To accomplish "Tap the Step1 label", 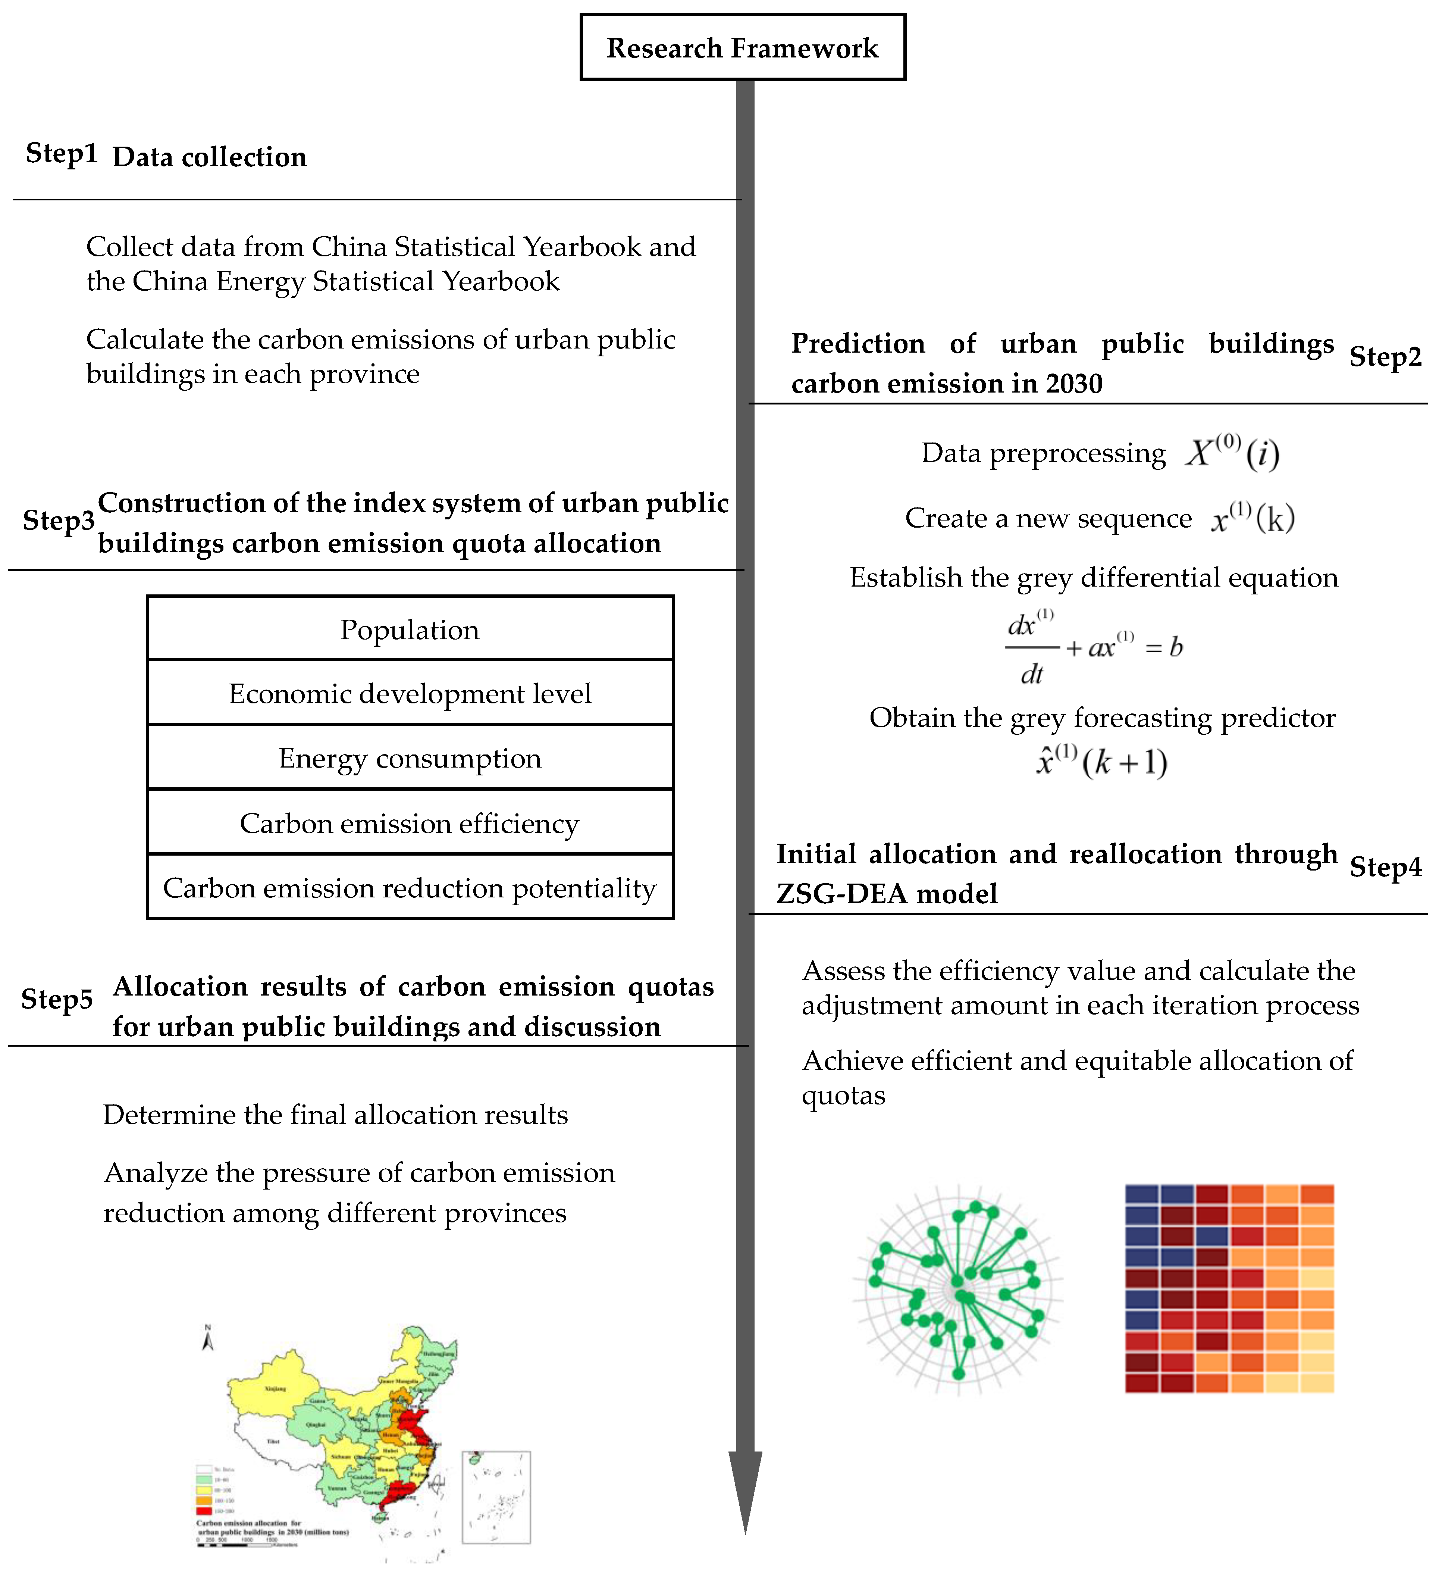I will (x=62, y=153).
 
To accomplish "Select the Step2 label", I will (x=1385, y=357).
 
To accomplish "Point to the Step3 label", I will (x=59, y=521).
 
